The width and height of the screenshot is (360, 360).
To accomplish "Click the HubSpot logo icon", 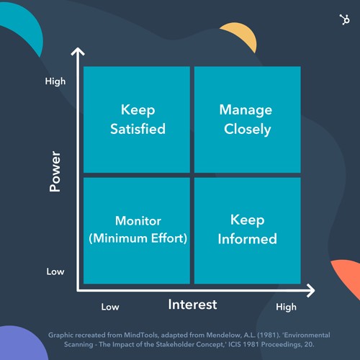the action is [x=345, y=19].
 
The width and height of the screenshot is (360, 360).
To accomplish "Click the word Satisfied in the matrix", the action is [x=138, y=129].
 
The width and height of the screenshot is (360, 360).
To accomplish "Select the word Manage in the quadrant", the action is [x=246, y=111].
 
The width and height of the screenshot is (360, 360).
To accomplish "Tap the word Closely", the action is [x=248, y=130].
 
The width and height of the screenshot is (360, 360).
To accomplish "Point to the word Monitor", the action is [x=138, y=221].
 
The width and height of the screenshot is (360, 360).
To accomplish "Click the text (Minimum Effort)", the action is [x=138, y=238].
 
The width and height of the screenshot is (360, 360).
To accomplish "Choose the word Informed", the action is [x=248, y=239].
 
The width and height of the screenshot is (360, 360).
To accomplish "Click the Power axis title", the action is [x=55, y=171].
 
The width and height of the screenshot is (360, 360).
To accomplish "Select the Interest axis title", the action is [x=192, y=305].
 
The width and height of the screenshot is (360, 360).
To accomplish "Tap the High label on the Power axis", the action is [x=55, y=81].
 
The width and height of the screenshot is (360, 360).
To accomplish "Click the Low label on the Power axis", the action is [x=55, y=271].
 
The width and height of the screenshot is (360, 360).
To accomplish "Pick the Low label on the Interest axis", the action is [x=110, y=307].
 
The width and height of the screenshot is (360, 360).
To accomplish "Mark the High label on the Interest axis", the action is [x=286, y=307].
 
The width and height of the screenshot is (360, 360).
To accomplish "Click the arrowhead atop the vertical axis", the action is [x=78, y=51].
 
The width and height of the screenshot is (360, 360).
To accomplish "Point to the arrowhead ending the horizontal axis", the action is [x=311, y=290].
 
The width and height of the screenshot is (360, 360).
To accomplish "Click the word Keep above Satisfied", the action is [x=138, y=110].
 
